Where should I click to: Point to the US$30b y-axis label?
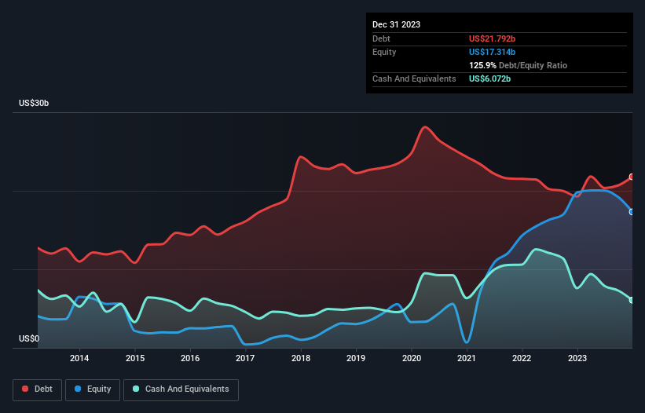tap(38, 104)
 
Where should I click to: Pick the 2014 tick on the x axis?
tap(79, 359)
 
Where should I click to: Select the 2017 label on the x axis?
tap(245, 359)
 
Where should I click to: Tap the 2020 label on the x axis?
tap(411, 359)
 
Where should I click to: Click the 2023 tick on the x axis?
tap(577, 359)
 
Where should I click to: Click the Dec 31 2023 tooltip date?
tap(397, 24)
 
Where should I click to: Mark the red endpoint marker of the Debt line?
tap(632, 177)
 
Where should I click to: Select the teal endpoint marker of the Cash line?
tap(632, 300)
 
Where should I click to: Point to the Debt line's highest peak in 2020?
tap(425, 126)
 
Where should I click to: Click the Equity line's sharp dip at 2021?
tap(467, 342)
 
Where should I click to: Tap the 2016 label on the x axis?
tap(190, 359)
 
